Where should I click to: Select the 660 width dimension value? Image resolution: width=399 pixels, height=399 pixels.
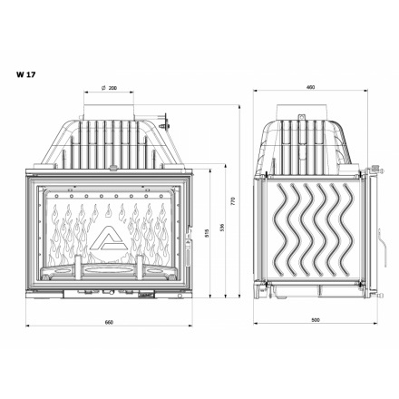coord(109,321)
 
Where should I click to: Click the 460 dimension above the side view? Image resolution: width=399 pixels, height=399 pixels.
coord(310,88)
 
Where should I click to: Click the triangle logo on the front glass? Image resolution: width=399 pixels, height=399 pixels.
coord(109,238)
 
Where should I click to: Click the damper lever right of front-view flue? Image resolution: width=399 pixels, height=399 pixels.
coord(164,116)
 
